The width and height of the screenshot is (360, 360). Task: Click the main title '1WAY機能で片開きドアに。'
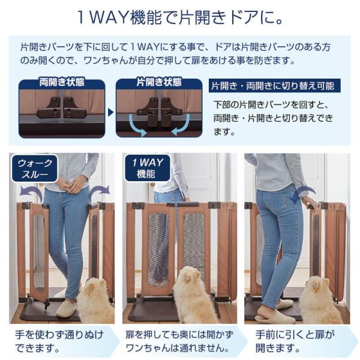coord(180,17)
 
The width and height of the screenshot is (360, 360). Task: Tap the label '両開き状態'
coord(62,82)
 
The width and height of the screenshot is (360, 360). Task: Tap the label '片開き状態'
coord(159,82)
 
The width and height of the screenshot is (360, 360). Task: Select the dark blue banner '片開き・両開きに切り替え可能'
coord(275,86)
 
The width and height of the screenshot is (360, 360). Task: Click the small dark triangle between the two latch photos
coord(110,113)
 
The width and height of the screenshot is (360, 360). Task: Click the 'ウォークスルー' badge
coord(34,169)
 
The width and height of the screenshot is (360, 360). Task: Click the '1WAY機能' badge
coord(148,168)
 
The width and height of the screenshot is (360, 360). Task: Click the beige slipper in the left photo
coord(67,308)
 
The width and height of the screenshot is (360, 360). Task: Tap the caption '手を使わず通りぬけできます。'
coord(59,341)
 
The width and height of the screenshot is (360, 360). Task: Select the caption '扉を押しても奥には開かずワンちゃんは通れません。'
coord(179,341)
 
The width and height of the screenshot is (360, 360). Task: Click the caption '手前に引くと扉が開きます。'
coord(295,341)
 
